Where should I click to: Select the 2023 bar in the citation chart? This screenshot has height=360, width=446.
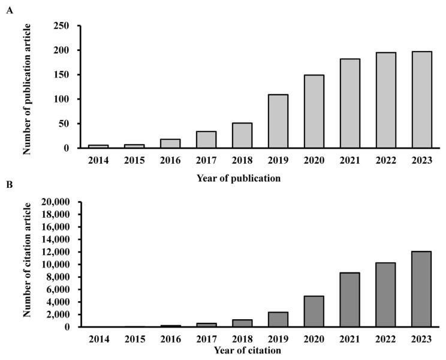421,289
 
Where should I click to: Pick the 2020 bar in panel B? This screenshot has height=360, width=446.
314,311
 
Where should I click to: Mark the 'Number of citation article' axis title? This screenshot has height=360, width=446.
27,264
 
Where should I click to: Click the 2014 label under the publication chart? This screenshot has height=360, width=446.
98,161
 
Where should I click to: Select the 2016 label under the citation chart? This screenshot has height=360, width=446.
170,340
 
